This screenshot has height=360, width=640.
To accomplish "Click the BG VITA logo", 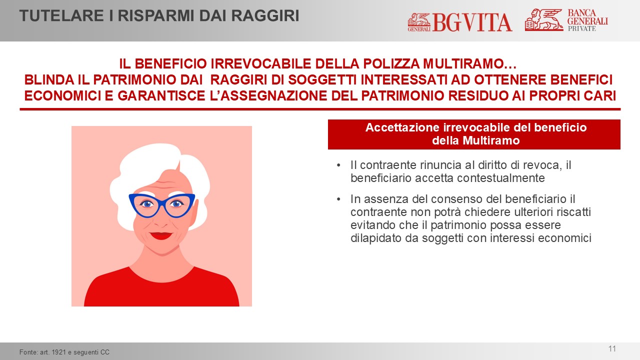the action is (x=459, y=22).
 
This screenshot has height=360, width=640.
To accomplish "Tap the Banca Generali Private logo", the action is (x=566, y=19).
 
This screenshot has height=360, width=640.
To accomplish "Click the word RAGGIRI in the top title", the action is (x=265, y=15).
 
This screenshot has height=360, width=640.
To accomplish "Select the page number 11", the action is (x=612, y=349).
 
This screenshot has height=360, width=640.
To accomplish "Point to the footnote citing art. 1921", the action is (x=64, y=352).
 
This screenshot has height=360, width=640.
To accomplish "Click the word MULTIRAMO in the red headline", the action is (x=469, y=63).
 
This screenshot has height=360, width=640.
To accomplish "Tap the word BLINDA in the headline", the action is (x=49, y=79).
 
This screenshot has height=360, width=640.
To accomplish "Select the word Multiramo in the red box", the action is (x=491, y=140).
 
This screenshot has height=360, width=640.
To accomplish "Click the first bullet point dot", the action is (x=338, y=165).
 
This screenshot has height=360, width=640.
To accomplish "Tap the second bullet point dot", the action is (x=338, y=199).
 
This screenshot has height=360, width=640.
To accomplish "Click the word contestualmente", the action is (x=501, y=178).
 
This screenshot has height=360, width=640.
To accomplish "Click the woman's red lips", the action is (x=161, y=235).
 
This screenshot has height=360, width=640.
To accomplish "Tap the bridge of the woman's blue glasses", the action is (x=162, y=201).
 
